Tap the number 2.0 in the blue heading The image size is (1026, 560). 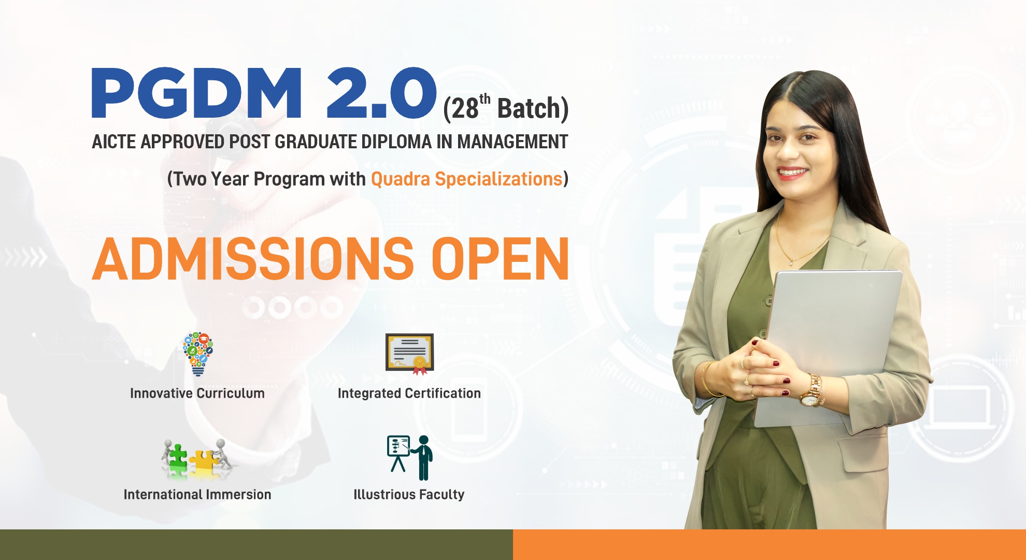point(381,93)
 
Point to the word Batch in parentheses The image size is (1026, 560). point(529,109)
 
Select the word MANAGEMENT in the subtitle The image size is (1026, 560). point(512,142)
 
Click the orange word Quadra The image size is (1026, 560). point(401,179)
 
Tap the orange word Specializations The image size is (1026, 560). point(498,179)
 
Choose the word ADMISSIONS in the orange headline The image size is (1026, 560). point(253,259)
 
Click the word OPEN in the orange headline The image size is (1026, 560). point(500,259)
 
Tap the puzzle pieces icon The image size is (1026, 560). point(197,457)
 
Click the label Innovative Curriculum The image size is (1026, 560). point(197,394)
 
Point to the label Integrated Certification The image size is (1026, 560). point(409,394)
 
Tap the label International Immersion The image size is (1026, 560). point(197,495)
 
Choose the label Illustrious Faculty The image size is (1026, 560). point(409,495)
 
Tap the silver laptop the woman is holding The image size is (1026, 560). point(834,332)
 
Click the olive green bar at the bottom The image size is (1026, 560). point(256,544)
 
